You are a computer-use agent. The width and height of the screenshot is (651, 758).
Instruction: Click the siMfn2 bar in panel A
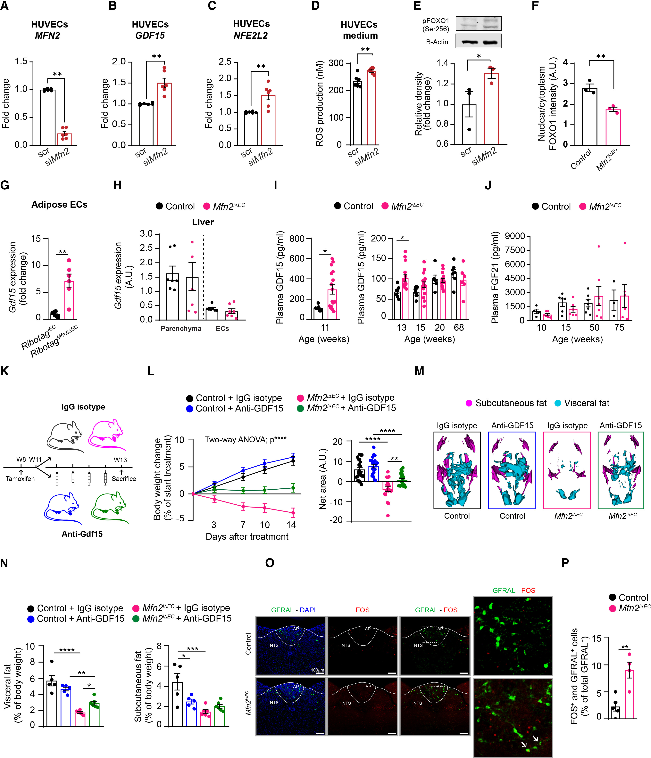coord(64,139)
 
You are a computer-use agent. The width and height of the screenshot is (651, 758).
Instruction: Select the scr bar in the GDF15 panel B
coord(146,124)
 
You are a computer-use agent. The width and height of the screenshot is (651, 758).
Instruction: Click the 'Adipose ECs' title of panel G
coord(59,205)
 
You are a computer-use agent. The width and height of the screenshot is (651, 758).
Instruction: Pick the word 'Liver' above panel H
coord(203,222)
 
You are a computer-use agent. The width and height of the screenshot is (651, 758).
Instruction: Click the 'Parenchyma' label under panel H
coord(181,329)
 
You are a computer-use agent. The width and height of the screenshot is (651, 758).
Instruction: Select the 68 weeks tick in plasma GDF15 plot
coord(459,327)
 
